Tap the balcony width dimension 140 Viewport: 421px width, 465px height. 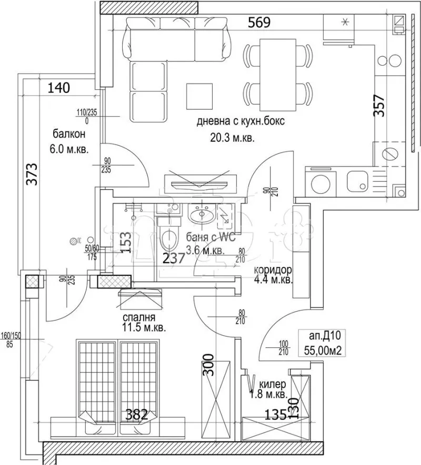58,88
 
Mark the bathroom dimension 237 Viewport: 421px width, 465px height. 173,259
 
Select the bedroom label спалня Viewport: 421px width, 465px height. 138,317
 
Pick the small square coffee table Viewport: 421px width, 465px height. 199,95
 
